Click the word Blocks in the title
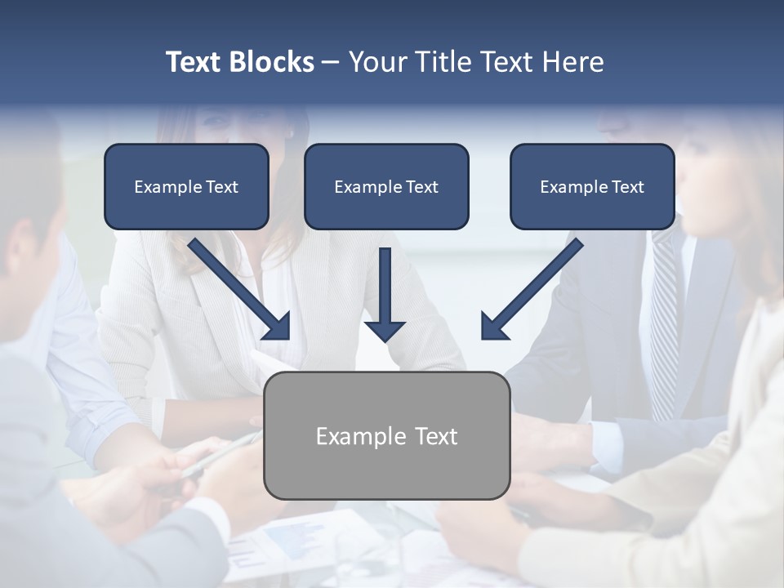(273, 62)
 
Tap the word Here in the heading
(572, 62)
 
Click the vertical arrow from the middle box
(385, 286)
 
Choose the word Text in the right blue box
(627, 187)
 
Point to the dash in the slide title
(331, 63)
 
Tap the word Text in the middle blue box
(421, 187)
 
